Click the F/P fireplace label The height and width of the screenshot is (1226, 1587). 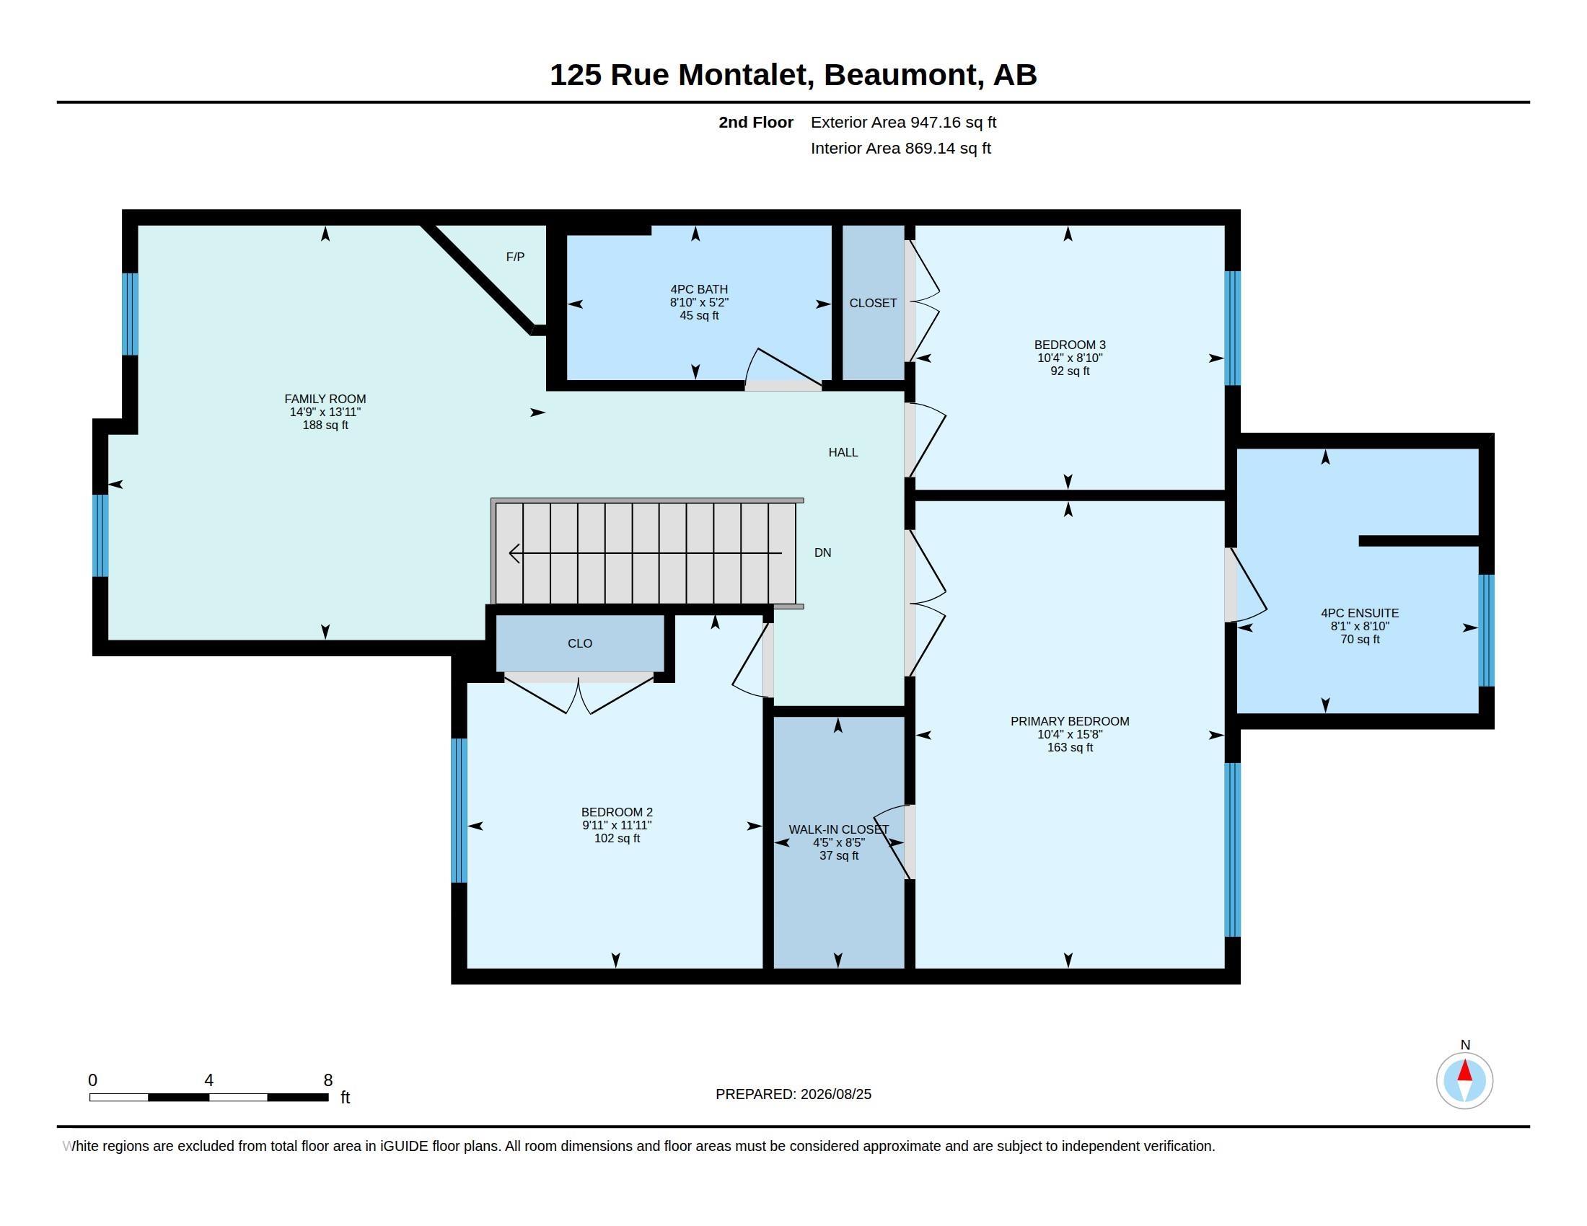tap(515, 257)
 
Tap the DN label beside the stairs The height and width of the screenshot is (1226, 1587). tap(822, 552)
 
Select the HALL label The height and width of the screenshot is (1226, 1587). tap(843, 452)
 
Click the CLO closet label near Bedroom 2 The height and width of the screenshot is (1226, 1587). tap(580, 643)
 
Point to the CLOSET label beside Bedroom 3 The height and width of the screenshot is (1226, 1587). tap(873, 303)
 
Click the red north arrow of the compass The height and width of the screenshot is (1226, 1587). tap(1465, 1071)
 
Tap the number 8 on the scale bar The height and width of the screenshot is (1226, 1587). tap(327, 1080)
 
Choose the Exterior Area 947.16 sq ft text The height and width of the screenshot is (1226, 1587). tap(903, 123)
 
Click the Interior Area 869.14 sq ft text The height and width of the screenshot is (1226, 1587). tap(900, 148)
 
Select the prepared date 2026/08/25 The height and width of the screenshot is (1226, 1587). tap(835, 1094)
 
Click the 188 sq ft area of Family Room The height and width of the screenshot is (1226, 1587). tap(325, 425)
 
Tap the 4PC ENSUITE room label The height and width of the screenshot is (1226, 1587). tap(1360, 613)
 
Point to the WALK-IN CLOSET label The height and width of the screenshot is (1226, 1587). tap(838, 829)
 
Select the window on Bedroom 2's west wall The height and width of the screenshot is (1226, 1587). tap(459, 810)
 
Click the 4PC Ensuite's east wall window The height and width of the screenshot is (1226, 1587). tap(1486, 630)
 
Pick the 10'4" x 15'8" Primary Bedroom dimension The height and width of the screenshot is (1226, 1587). tap(1070, 734)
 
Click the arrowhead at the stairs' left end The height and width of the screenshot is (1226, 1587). tap(514, 553)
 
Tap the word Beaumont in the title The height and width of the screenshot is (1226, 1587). tap(901, 75)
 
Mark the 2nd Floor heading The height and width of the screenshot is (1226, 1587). tap(756, 123)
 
